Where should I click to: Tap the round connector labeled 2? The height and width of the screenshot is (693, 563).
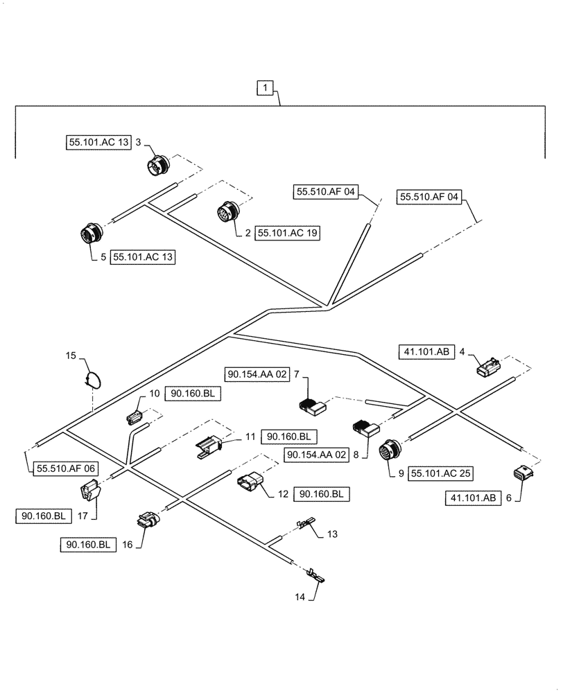[x=228, y=211]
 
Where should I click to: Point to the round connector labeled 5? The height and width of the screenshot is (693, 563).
[x=91, y=233]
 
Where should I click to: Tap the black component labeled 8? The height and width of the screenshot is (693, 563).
[x=365, y=429]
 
